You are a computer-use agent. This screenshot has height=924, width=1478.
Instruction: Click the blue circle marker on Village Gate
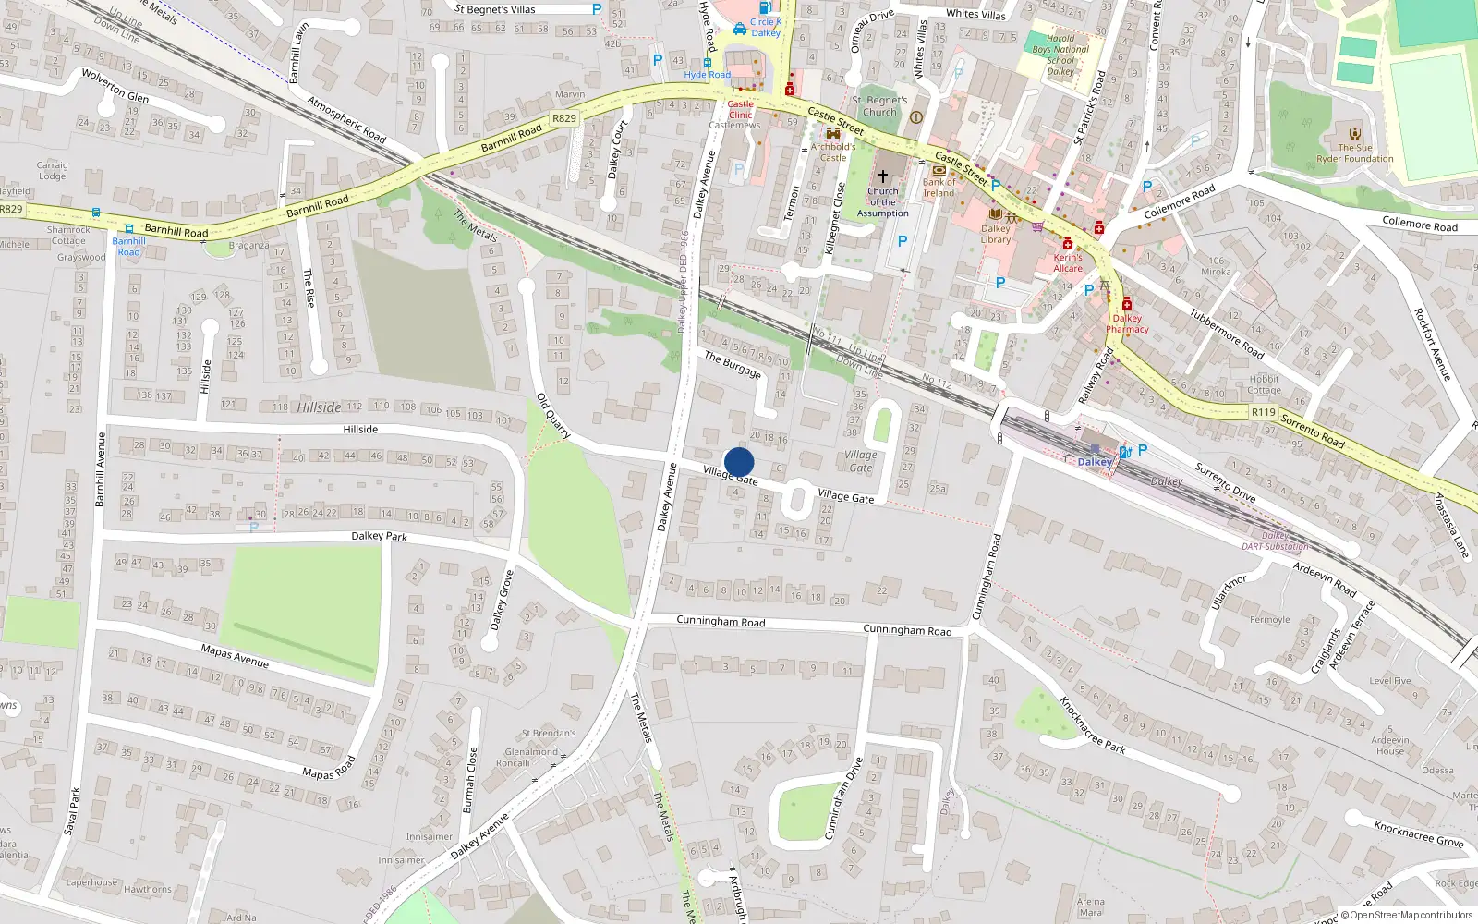click(x=739, y=462)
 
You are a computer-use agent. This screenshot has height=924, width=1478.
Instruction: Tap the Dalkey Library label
click(x=995, y=234)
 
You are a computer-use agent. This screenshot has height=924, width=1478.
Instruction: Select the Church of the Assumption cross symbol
click(x=882, y=176)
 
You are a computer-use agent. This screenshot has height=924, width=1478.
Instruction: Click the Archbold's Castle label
click(x=833, y=152)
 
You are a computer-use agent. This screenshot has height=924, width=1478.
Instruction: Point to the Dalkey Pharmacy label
click(x=1127, y=323)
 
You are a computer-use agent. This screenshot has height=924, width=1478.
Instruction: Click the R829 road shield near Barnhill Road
click(x=563, y=118)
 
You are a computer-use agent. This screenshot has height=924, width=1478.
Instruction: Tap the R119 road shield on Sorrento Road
click(x=1263, y=412)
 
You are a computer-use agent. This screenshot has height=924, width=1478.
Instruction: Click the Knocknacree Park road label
click(x=1092, y=725)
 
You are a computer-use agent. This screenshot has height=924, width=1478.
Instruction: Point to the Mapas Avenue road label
click(x=235, y=655)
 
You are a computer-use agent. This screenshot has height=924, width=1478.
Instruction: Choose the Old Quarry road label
click(x=553, y=415)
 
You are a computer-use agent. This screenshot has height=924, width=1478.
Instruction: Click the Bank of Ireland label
click(x=939, y=188)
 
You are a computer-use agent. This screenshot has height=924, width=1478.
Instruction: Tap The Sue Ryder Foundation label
click(x=1354, y=153)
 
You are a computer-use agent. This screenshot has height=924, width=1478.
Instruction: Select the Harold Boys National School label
click(x=1060, y=55)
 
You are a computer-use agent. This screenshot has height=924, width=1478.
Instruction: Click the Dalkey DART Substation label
click(x=1275, y=541)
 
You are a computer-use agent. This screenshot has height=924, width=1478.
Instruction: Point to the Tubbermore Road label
click(x=1226, y=333)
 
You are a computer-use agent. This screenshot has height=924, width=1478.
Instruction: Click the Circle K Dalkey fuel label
click(x=765, y=27)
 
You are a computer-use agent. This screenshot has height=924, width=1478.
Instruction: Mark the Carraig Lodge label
click(x=52, y=171)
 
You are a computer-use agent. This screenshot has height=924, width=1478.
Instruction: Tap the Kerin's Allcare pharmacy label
click(x=1068, y=263)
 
